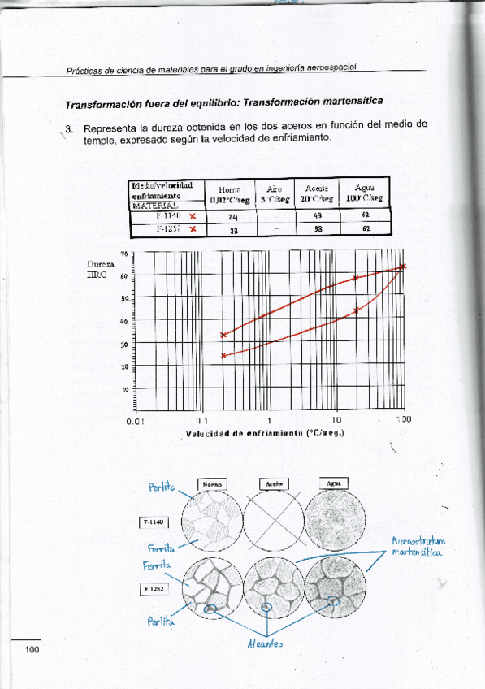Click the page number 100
[x=32, y=648]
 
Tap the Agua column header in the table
[x=365, y=192]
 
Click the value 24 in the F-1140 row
[x=232, y=217]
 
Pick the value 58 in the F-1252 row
[x=318, y=229]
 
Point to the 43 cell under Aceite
[x=318, y=216]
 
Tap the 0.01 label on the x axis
[x=134, y=420]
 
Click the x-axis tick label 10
[x=336, y=420]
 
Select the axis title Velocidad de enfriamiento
[x=265, y=433]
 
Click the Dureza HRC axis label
[x=100, y=270]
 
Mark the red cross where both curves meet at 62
[x=403, y=266]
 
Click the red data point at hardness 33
[x=223, y=335]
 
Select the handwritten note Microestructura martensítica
[x=418, y=546]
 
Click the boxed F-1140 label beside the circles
[x=154, y=522]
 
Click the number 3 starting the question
[x=71, y=129]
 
